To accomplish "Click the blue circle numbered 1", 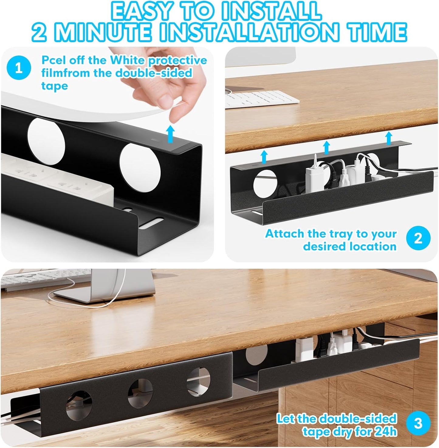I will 19,68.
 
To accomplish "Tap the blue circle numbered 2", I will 418,238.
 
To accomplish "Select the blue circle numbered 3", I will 418,423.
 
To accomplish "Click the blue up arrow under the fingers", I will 172,133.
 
